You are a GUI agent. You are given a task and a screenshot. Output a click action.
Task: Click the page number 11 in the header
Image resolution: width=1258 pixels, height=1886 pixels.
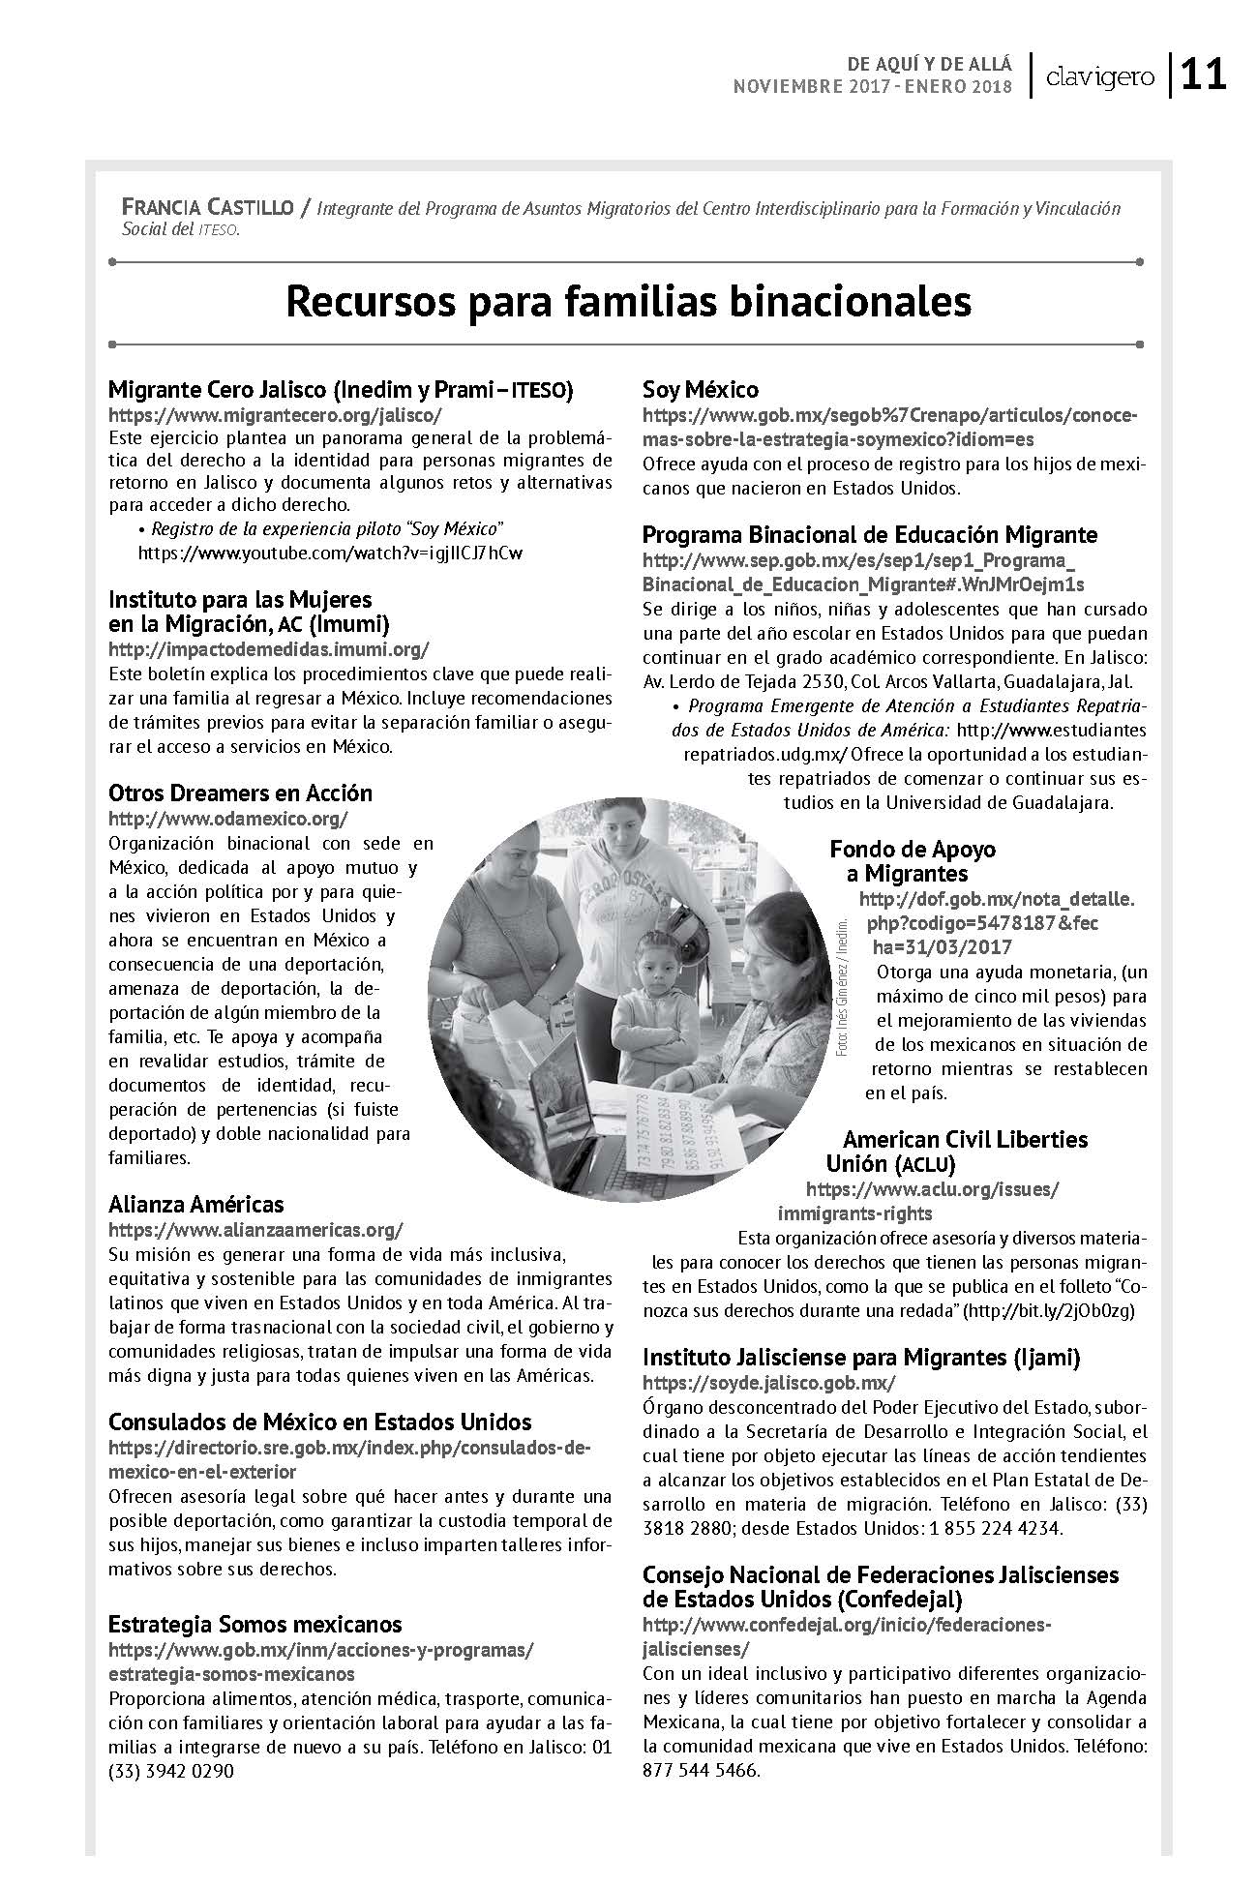(x=1203, y=75)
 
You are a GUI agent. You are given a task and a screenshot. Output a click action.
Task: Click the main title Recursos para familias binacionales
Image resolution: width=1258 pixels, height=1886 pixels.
(x=628, y=301)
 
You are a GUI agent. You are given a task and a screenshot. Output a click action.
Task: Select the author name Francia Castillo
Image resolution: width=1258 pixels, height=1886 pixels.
(x=206, y=206)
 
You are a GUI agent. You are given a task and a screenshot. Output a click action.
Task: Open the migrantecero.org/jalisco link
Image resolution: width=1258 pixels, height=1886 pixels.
(x=275, y=414)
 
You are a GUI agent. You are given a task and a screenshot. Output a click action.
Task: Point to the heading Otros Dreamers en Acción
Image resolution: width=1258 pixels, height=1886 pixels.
(x=240, y=793)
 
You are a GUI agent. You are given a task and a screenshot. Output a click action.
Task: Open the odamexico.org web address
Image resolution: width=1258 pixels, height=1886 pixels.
(x=227, y=819)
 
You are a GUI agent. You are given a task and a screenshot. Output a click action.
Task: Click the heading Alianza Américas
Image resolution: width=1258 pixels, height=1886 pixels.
(x=196, y=1204)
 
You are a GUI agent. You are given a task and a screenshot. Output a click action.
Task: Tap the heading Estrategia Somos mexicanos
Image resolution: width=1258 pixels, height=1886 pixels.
(x=255, y=1623)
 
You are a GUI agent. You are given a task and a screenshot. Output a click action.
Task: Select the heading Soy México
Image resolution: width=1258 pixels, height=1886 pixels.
(x=701, y=389)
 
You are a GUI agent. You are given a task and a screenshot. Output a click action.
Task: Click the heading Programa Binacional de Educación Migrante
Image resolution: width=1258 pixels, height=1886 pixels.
(x=870, y=534)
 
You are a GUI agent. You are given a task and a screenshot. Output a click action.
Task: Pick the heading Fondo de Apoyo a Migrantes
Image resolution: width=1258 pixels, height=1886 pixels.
(x=912, y=861)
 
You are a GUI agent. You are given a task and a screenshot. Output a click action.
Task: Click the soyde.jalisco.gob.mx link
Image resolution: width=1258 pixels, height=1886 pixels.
(x=769, y=1382)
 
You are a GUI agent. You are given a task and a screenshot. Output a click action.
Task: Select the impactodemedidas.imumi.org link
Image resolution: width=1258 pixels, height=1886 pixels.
(x=268, y=648)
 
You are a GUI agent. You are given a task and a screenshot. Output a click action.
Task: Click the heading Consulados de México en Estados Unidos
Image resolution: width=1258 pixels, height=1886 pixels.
(x=320, y=1422)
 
